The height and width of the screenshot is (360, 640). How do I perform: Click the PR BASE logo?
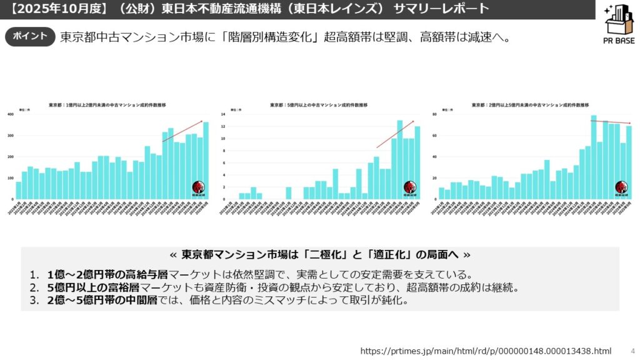point(619,25)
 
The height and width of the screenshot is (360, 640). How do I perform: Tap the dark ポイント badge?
point(29,36)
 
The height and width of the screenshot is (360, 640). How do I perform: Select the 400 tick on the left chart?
point(10,114)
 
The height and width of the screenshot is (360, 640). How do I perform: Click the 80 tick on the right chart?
point(434,114)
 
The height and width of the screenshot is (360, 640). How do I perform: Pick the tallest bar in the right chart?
point(594,157)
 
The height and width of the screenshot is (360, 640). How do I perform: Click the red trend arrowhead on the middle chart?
point(413,121)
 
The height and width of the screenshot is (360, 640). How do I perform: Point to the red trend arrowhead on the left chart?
point(201,121)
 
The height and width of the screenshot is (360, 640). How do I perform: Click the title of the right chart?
point(530,105)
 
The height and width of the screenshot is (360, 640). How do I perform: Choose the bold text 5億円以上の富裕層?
point(93,287)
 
